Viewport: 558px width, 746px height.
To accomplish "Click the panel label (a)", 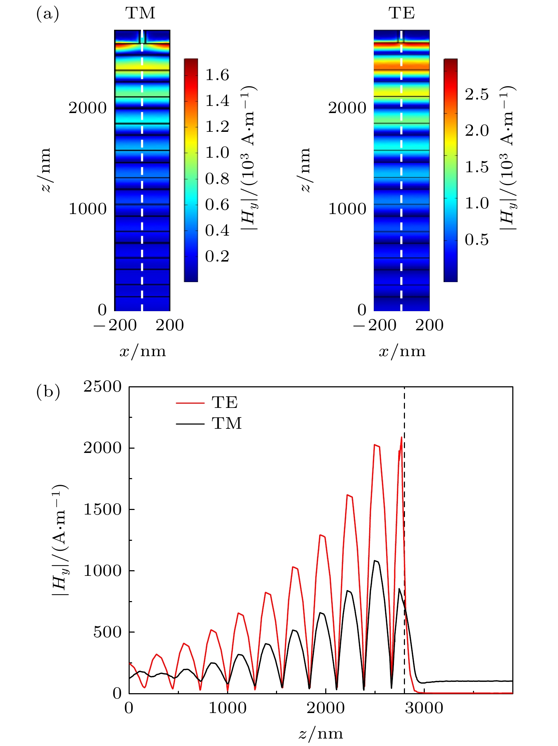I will pos(47,14).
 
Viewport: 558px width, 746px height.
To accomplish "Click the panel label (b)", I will pos(48,392).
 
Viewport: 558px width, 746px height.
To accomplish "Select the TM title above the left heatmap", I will pos(140,13).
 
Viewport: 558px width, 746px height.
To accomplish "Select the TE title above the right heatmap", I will pos(402,13).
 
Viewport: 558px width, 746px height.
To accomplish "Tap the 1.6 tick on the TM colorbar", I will pos(217,75).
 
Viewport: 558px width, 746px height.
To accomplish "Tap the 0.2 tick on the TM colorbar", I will pos(217,257).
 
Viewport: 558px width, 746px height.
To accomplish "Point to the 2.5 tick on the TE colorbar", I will pos(477,95).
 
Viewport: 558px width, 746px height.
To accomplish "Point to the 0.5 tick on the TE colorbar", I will pos(477,240).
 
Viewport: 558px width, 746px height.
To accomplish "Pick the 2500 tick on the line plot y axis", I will pos(102,387).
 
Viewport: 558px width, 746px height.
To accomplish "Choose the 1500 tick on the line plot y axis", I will pos(102,510).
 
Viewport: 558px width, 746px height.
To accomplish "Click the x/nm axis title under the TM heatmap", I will pos(143,351).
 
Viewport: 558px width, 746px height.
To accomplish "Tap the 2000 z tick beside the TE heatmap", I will pos(347,108).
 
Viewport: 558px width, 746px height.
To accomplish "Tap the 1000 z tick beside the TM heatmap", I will pos(88,209).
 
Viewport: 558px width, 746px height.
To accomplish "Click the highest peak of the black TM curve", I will pos(375,561).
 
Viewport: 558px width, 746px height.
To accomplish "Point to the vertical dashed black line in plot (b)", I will pos(404,532).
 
